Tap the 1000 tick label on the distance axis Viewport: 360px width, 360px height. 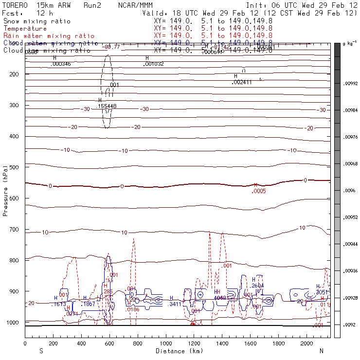pyautogui.click(x=166, y=343)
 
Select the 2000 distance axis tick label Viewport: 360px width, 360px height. pyautogui.click(x=307, y=343)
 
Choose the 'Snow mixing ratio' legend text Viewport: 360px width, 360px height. pyautogui.click(x=37, y=21)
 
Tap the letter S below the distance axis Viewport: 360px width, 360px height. pyautogui.click(x=41, y=351)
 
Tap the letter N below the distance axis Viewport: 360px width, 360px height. pyautogui.click(x=321, y=351)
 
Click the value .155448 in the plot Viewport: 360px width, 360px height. pyautogui.click(x=107, y=106)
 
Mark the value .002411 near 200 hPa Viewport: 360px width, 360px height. pyautogui.click(x=242, y=83)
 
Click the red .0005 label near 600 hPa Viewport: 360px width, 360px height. pyautogui.click(x=259, y=191)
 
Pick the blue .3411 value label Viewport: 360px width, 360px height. pyautogui.click(x=176, y=304)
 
